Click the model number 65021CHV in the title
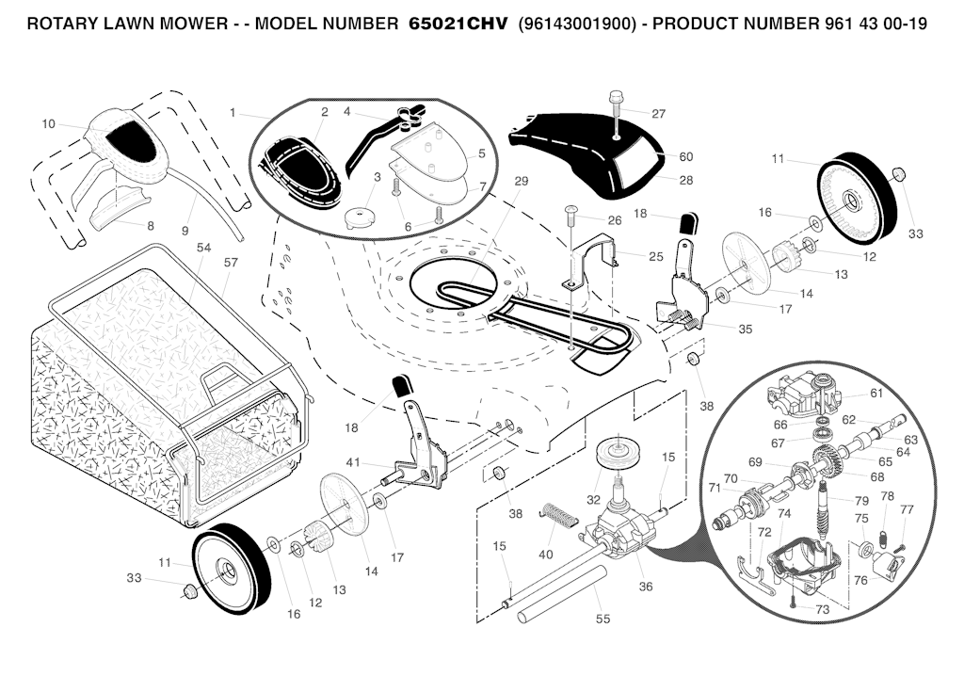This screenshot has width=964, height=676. coord(458,24)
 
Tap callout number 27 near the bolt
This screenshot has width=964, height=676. coord(658,114)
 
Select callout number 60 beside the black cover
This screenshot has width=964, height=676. coord(685,157)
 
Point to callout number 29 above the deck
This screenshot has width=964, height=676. coord(522,182)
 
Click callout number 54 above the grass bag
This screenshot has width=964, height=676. coord(203,248)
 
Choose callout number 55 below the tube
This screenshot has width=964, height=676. coord(603,619)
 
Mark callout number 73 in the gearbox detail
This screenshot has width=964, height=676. coord(822,609)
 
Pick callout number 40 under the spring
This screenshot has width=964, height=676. coord(546,555)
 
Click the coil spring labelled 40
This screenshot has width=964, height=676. coord(559,515)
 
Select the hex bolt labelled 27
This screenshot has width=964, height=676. coord(615,109)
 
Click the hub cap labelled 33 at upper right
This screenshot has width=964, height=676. coord(898,173)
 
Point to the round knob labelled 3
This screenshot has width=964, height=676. coord(361,218)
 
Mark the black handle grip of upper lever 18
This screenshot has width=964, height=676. coord(688,223)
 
